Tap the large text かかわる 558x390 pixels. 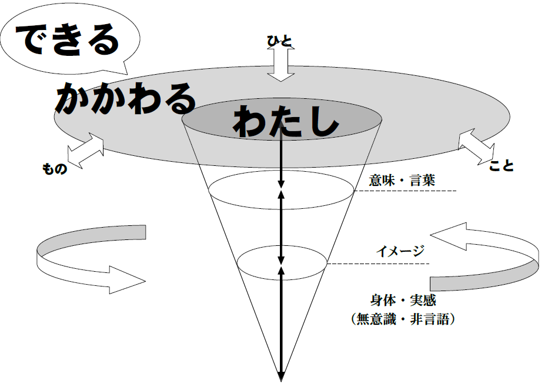(125, 98)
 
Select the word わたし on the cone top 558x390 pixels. (285, 121)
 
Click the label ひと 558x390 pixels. (280, 41)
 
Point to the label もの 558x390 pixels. (55, 168)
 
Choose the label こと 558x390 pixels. (502, 165)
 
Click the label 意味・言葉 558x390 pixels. (402, 180)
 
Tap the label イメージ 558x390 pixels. (400, 251)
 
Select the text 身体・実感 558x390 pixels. (403, 300)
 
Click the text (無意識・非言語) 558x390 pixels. (403, 319)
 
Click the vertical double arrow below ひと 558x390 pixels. (281, 64)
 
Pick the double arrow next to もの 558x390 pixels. (85, 151)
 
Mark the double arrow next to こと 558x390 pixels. (476, 146)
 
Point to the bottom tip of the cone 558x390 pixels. (281, 381)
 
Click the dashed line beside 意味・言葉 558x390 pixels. (405, 191)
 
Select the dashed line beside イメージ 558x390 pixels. (378, 264)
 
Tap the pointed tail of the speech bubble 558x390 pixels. (126, 72)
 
